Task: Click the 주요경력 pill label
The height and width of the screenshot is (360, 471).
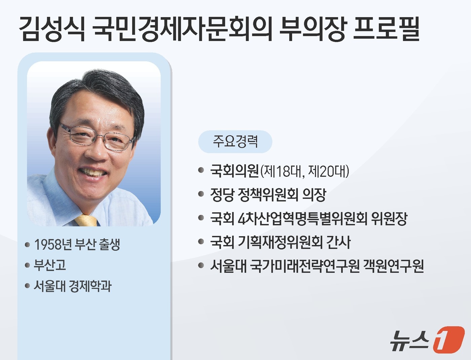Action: click(x=235, y=141)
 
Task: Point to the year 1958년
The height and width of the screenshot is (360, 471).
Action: click(x=53, y=245)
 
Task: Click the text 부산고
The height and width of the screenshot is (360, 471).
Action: click(x=50, y=265)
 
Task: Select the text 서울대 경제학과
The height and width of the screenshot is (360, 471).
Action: click(x=72, y=286)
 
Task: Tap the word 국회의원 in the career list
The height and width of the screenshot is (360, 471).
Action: click(x=234, y=171)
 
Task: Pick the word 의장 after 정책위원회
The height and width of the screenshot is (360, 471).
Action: click(x=314, y=194)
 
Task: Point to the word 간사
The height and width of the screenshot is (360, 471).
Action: click(x=338, y=242)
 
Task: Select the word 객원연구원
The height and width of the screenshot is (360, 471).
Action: click(x=393, y=266)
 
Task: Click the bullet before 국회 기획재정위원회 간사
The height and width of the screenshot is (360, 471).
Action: click(x=201, y=242)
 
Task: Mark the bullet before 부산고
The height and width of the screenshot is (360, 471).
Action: click(x=27, y=265)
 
